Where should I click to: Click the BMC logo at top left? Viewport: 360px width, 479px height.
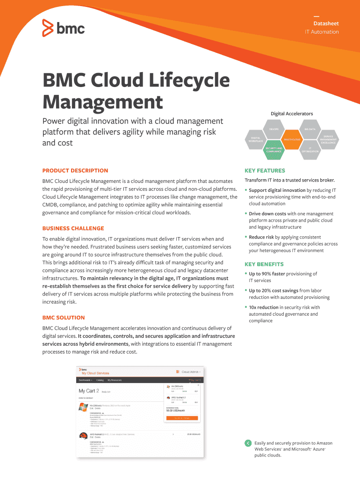click(x=64, y=28)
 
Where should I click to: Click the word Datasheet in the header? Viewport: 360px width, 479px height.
click(x=326, y=23)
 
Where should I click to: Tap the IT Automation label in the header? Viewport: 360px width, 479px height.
click(x=322, y=32)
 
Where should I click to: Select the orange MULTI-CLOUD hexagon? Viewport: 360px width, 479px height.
click(x=292, y=139)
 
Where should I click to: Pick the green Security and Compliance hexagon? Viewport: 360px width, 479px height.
click(x=274, y=150)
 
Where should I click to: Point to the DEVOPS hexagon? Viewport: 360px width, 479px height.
click(x=274, y=129)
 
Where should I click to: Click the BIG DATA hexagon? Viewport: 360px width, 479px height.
click(x=310, y=129)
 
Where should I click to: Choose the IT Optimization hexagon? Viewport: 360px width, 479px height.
click(x=310, y=150)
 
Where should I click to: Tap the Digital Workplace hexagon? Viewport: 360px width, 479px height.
click(x=256, y=139)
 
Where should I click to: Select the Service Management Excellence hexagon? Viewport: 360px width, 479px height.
click(x=328, y=139)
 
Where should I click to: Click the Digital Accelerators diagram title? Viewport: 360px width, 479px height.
click(x=292, y=114)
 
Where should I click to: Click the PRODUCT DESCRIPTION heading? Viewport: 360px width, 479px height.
click(x=75, y=171)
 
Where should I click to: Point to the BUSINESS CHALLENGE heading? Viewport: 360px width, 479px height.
click(x=73, y=229)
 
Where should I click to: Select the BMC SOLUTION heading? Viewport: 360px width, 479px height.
click(x=64, y=318)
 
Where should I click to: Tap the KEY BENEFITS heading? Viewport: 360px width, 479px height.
click(x=264, y=264)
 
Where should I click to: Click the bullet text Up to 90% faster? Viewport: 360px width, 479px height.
click(x=267, y=274)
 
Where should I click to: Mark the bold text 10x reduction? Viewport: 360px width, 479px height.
click(x=263, y=307)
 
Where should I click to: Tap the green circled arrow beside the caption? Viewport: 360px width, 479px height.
click(x=248, y=443)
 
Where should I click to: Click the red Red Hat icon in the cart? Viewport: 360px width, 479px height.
click(x=84, y=437)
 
